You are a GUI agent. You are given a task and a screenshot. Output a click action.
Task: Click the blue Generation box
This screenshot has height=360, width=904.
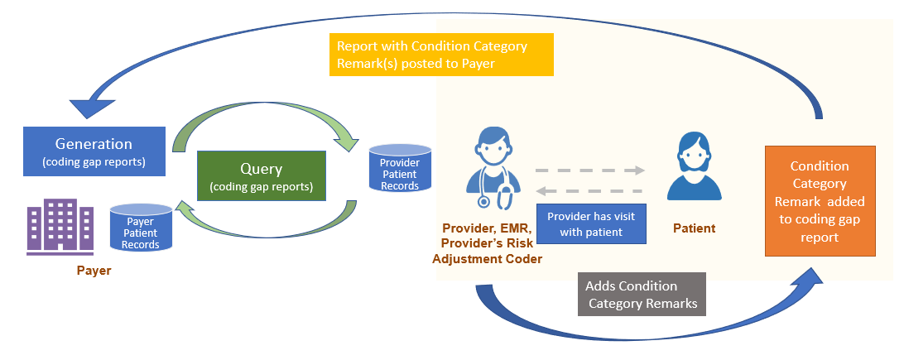pyautogui.click(x=94, y=151)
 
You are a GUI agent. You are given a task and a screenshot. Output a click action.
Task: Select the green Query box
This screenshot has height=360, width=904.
pyautogui.click(x=262, y=175)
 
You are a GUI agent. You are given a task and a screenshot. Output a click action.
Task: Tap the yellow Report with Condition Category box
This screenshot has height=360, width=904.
pyautogui.click(x=440, y=55)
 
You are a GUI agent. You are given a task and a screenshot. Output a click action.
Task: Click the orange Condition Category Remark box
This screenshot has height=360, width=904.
pyautogui.click(x=819, y=201)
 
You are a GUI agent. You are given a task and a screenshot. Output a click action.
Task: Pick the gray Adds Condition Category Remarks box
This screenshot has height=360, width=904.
pyautogui.click(x=642, y=295)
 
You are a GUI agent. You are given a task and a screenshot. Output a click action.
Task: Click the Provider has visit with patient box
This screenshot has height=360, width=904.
pyautogui.click(x=590, y=223)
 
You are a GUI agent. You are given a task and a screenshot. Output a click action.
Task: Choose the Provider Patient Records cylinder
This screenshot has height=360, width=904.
pyautogui.click(x=400, y=169)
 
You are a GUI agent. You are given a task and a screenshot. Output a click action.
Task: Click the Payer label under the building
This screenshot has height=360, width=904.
pyautogui.click(x=94, y=271)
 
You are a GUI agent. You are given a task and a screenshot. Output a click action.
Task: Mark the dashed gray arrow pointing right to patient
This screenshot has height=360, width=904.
pyautogui.click(x=589, y=170)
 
